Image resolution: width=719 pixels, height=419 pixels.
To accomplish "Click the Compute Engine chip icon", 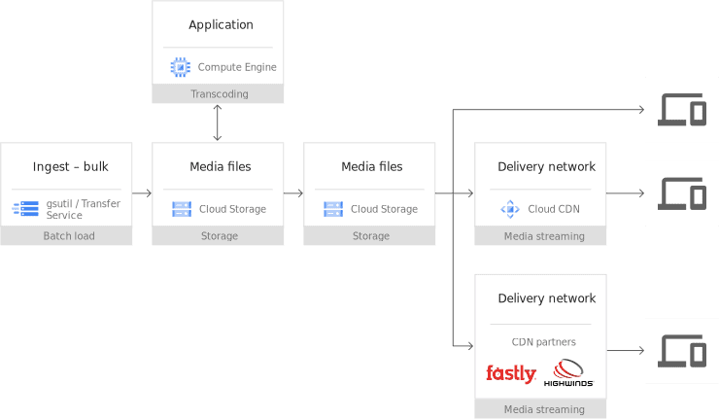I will (x=181, y=67).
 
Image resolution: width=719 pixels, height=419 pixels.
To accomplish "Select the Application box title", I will (x=221, y=25).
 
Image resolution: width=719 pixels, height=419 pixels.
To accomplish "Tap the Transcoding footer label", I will (x=219, y=94).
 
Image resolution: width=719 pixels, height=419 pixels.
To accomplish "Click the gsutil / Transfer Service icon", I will (x=26, y=208).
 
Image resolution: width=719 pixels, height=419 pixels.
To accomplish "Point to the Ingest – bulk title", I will (x=70, y=167).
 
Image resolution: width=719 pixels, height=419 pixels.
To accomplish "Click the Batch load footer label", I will (x=69, y=236).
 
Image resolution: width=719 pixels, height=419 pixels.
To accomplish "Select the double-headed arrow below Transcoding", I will (x=218, y=122).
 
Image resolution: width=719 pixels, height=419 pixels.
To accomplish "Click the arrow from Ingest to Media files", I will (x=142, y=193).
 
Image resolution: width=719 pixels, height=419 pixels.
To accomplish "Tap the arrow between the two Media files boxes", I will (x=293, y=193).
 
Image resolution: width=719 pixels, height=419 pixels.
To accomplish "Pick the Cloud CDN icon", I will (x=509, y=208).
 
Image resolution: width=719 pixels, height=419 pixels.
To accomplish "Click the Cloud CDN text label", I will (x=554, y=209).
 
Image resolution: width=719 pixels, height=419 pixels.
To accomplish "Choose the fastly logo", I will (x=511, y=373).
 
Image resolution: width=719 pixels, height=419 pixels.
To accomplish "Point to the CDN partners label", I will (x=543, y=342).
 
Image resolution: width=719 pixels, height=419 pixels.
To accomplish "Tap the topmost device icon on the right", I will (x=682, y=110).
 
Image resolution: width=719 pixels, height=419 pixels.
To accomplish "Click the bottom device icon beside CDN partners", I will (x=682, y=350).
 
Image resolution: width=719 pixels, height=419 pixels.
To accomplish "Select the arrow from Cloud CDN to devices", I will (x=626, y=193).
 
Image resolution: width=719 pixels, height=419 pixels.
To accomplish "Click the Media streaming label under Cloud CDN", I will (x=544, y=236).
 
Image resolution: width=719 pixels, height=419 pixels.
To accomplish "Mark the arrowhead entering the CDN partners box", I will (x=469, y=345).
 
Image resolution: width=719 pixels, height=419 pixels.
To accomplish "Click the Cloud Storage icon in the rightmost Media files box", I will (x=333, y=208).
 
